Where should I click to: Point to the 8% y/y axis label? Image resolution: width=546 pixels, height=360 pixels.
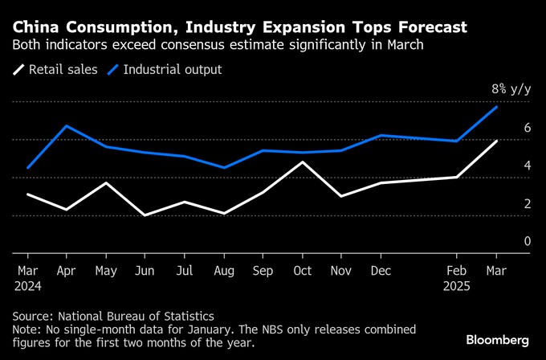tap(511, 89)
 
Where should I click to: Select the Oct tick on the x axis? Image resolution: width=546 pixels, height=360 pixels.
tap(301, 270)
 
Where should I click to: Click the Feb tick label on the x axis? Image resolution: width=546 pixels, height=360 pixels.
tap(457, 270)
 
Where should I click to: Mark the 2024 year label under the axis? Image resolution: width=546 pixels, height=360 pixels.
tap(29, 284)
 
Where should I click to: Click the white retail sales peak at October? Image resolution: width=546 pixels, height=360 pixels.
tap(301, 162)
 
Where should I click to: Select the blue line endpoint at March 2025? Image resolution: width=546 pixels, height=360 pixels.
tap(496, 107)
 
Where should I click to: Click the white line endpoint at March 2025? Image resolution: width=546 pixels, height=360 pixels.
tap(496, 141)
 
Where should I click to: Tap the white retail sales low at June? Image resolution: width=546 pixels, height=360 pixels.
tap(145, 215)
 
